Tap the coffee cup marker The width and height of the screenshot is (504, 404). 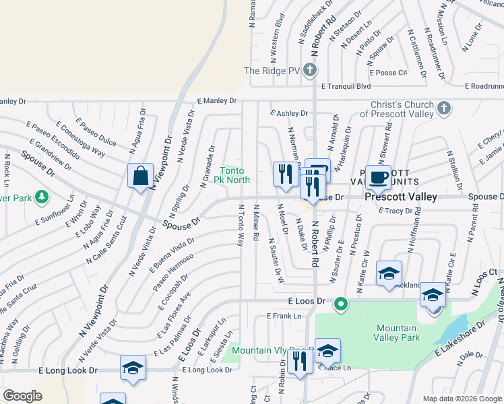click(x=378, y=177)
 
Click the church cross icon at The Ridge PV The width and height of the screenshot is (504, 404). click(x=309, y=70)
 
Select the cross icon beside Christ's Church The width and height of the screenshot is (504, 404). click(x=443, y=108)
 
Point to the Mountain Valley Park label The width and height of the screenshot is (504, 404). click(x=397, y=333)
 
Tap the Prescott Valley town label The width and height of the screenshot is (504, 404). click(x=401, y=197)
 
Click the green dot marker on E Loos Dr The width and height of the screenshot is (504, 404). click(x=341, y=304)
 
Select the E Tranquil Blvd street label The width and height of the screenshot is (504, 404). click(x=346, y=86)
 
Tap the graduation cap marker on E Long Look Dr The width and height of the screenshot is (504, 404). click(x=133, y=368)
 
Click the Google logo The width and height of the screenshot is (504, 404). click(x=22, y=396)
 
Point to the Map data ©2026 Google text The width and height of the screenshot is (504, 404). click(x=462, y=398)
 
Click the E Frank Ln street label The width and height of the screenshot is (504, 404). click(x=282, y=315)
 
